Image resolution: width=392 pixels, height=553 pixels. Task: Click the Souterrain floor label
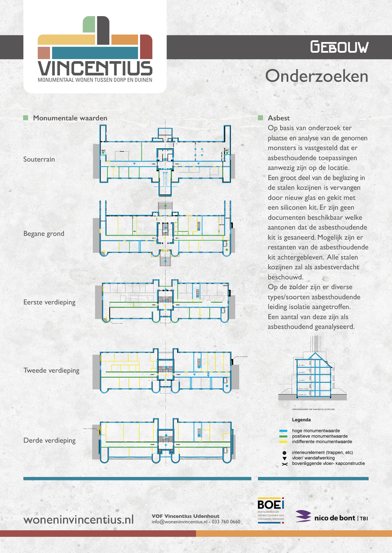point(39,159)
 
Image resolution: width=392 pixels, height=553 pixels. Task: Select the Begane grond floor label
point(44,234)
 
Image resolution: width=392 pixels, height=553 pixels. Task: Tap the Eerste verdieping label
point(49,302)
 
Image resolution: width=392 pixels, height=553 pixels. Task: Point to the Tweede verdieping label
point(51,370)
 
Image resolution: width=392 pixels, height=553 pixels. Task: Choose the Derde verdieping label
point(50,440)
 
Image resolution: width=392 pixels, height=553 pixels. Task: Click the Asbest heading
point(279,118)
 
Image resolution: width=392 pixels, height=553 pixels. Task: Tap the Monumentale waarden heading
point(70,118)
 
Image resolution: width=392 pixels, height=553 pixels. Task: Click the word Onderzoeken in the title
point(316,76)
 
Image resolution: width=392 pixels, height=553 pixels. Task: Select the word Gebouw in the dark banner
point(339,47)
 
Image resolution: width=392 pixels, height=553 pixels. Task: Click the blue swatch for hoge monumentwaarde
point(283,431)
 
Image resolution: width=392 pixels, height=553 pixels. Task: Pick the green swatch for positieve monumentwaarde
point(283,436)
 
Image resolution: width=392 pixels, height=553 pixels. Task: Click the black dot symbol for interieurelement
point(284,453)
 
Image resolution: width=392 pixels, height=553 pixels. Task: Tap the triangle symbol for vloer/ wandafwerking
point(284,458)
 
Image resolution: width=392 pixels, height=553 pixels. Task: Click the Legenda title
point(301,420)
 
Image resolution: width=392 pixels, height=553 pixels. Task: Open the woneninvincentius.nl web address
point(79,520)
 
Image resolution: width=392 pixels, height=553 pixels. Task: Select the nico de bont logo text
point(335,518)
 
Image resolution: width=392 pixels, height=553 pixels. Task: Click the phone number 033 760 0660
point(226,522)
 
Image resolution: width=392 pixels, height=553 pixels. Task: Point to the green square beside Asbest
point(261,118)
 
